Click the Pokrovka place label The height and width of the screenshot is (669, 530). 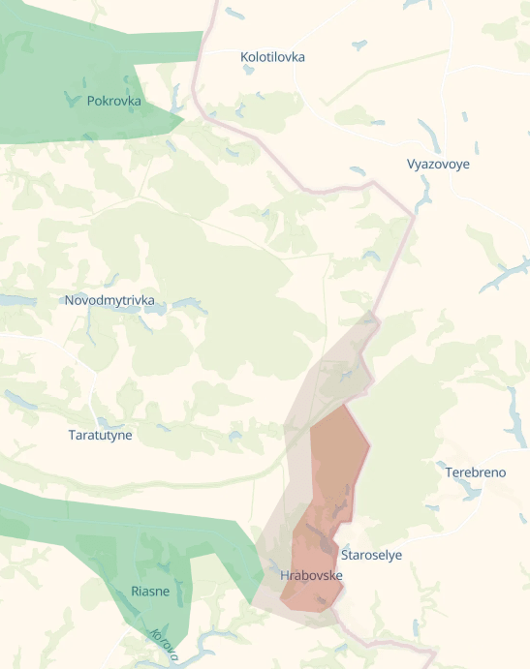pos(113,101)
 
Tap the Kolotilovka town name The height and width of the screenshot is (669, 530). pos(272,57)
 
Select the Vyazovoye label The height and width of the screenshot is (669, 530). pos(438,164)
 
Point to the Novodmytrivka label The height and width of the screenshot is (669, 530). pos(109,300)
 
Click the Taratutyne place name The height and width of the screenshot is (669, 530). pos(100,435)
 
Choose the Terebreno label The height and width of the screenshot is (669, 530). pos(476,472)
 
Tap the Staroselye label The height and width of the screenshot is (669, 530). pos(371,555)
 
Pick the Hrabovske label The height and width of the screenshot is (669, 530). pos(311,575)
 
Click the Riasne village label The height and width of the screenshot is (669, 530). pos(150,591)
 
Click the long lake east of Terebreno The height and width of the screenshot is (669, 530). pos(513,416)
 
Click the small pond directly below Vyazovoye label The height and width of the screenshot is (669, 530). pos(422,195)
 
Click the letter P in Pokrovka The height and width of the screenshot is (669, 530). pos(90,101)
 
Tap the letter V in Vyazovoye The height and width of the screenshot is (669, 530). pos(411,164)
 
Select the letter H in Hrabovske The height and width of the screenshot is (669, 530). pos(284,575)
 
